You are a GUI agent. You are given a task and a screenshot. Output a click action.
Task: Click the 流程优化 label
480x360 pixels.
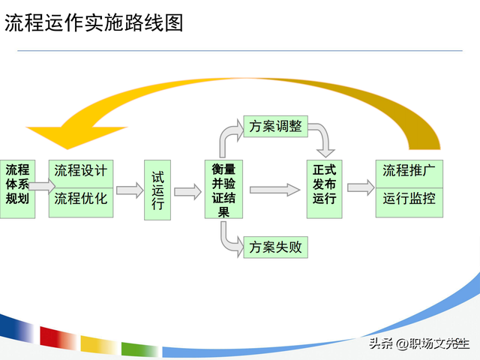click(80, 199)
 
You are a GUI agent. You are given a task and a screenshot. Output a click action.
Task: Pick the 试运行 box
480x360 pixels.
click(157, 190)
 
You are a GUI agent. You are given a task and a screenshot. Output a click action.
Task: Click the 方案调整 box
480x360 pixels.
click(275, 127)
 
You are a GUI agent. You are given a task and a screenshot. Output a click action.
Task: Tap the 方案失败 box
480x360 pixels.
click(275, 246)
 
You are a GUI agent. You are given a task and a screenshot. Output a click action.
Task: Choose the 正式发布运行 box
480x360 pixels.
click(325, 188)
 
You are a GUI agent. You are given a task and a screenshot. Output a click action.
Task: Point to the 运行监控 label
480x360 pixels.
click(409, 199)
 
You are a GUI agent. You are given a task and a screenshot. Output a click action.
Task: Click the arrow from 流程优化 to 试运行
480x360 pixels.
click(129, 191)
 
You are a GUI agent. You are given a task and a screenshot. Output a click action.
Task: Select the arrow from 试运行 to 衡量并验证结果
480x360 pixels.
click(187, 191)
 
